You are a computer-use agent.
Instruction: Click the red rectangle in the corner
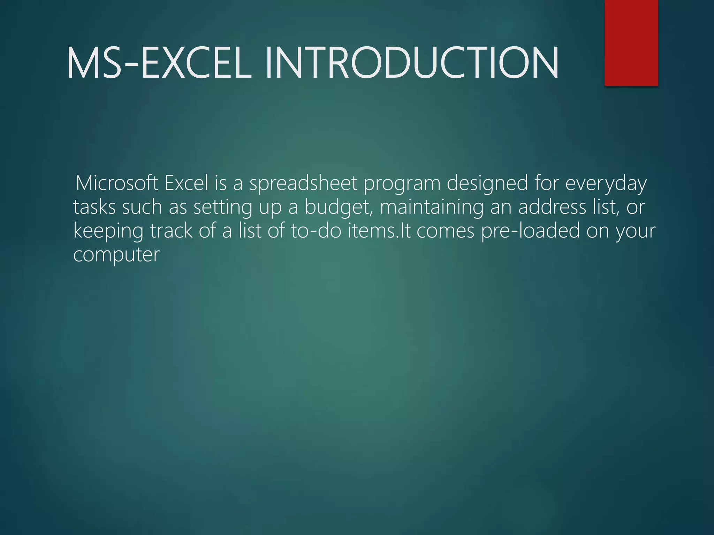(631, 42)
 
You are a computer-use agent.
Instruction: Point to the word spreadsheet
(303, 184)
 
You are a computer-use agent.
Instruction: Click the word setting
(223, 208)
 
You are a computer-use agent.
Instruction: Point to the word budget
(337, 208)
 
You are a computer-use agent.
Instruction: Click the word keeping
(108, 231)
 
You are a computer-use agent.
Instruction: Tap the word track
(171, 231)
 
